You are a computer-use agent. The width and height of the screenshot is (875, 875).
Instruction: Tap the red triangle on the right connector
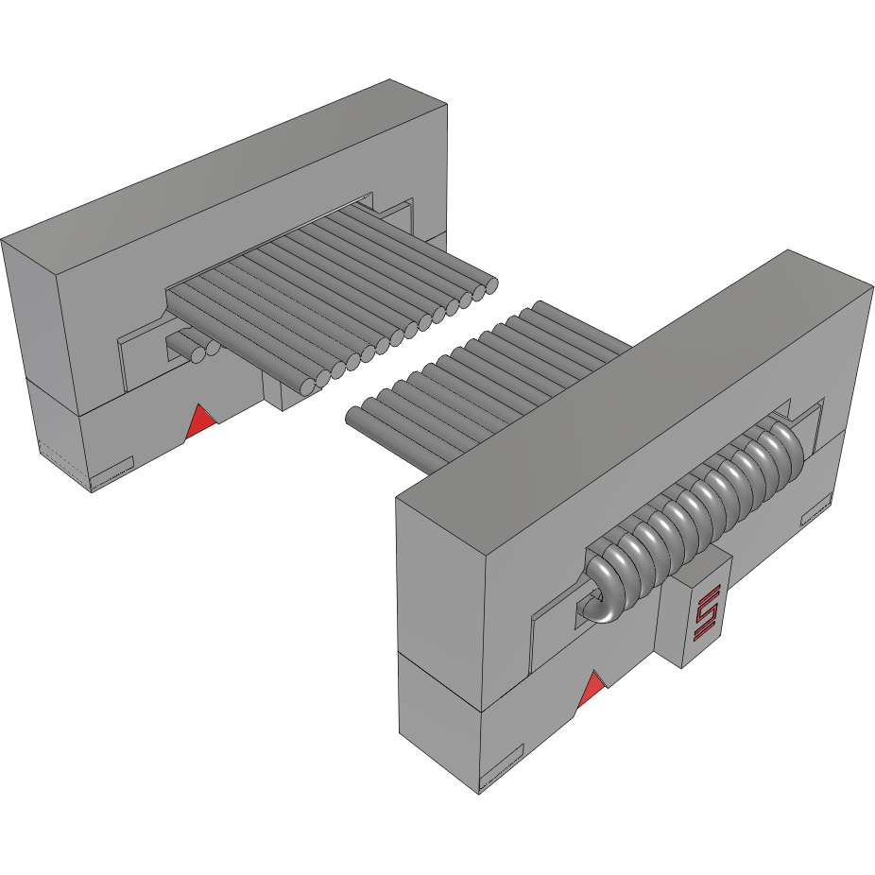pyautogui.click(x=592, y=691)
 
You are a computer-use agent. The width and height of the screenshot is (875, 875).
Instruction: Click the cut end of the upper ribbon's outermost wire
pyautogui.click(x=490, y=284)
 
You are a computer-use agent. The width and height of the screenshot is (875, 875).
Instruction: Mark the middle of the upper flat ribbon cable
pyautogui.click(x=331, y=293)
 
